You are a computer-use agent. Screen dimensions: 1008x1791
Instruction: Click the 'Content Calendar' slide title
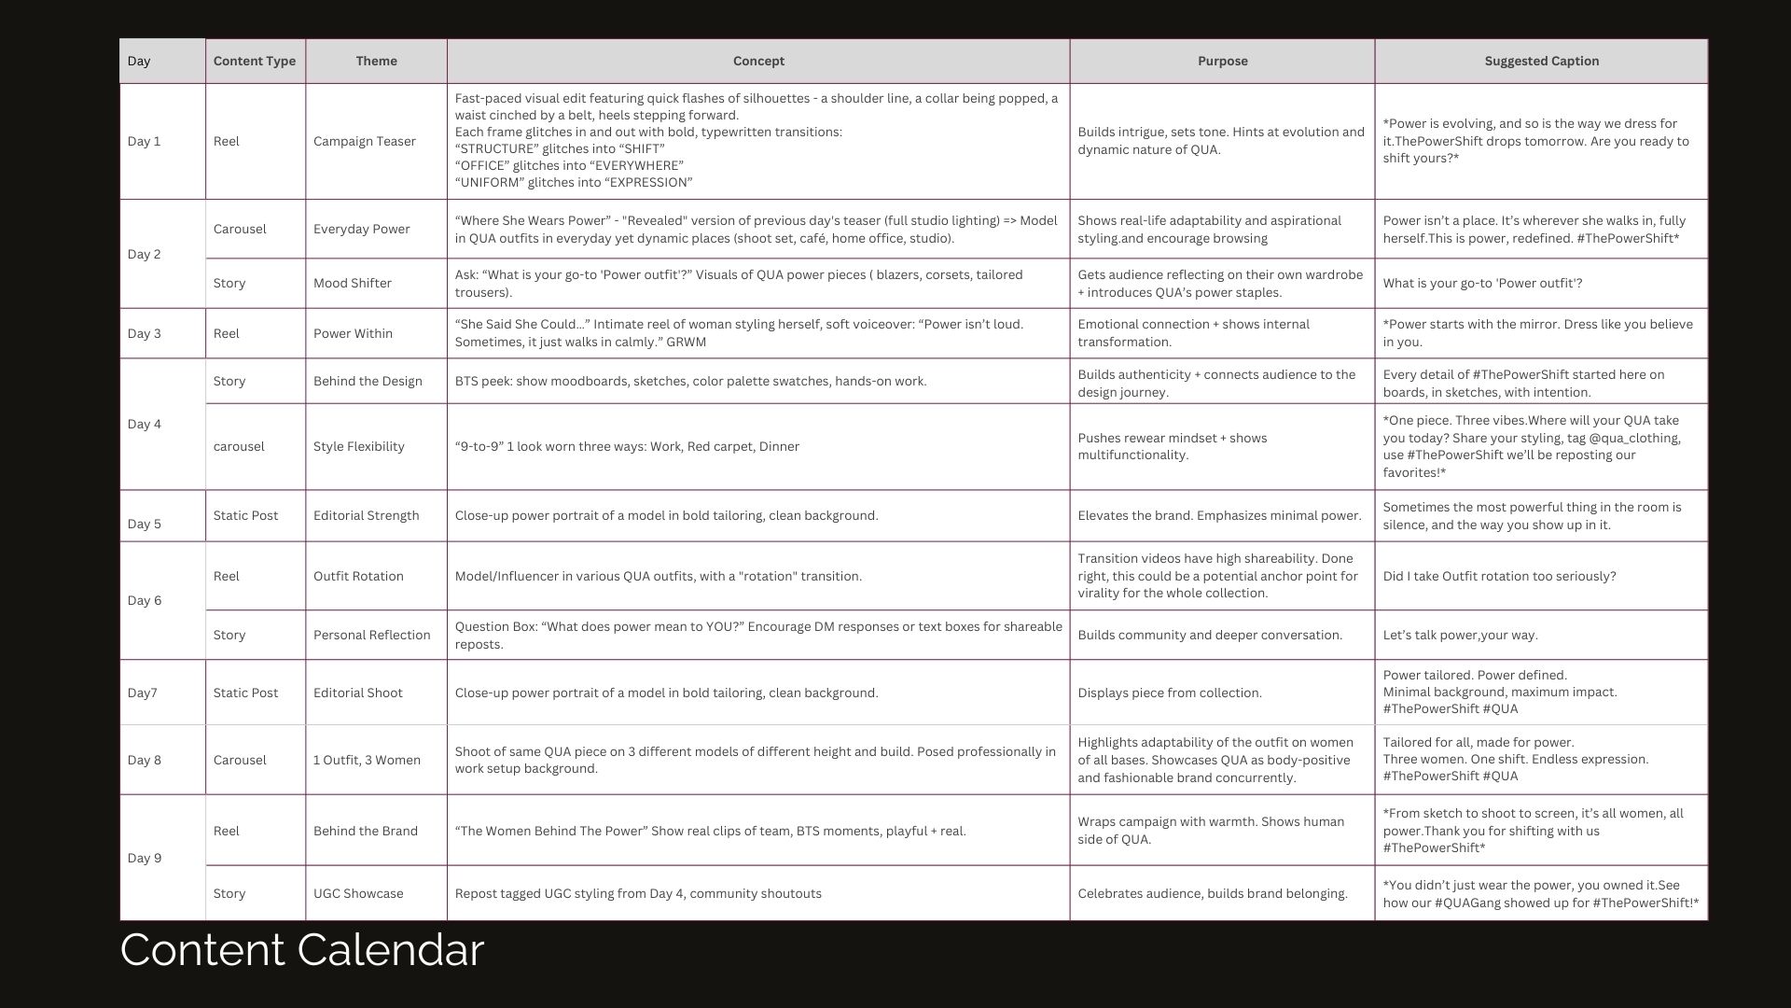(301, 950)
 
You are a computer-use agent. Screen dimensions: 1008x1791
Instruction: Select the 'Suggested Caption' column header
(1541, 62)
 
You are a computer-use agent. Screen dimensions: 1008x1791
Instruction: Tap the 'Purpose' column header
(1222, 62)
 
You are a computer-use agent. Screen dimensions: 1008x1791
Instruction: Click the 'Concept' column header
(757, 62)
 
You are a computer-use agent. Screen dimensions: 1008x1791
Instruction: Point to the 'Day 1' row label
(144, 142)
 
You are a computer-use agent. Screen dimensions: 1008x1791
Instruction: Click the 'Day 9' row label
(144, 858)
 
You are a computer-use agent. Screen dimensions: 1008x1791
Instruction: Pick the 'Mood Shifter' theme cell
(352, 284)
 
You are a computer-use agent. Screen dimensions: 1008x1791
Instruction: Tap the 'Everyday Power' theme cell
(361, 230)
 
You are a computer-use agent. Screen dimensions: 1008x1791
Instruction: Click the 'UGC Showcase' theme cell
(358, 894)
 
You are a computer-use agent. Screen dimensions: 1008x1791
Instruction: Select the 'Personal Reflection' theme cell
(371, 636)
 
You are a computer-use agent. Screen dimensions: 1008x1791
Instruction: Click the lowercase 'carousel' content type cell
(239, 447)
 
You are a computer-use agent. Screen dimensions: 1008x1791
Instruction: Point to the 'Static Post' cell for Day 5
(245, 516)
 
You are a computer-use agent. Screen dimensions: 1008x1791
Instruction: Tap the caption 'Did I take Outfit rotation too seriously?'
(1499, 577)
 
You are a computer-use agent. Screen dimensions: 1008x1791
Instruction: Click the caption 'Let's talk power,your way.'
(1460, 636)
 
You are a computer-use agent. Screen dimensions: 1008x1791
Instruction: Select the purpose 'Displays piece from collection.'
(1170, 693)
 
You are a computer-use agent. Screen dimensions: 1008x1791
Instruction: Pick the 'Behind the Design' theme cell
(368, 382)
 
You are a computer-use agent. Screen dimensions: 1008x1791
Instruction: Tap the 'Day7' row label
(142, 693)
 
